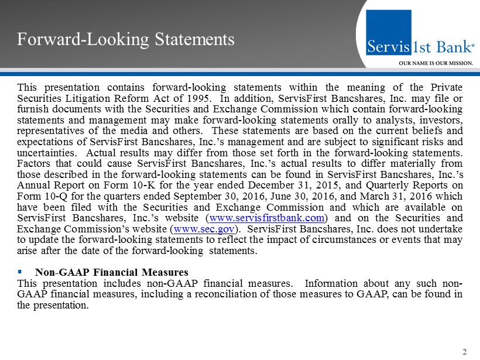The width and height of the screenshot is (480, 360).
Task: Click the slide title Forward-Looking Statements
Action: (x=126, y=39)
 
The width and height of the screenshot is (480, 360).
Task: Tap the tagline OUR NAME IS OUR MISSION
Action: (x=436, y=63)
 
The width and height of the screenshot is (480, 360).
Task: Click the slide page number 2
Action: (x=465, y=352)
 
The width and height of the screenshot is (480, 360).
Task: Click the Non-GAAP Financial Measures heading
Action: (x=111, y=272)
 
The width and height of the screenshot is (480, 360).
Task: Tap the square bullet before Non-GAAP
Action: (x=21, y=272)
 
